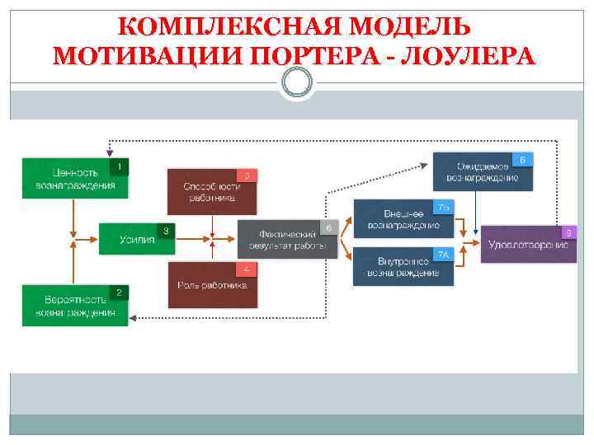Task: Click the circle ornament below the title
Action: pyautogui.click(x=297, y=82)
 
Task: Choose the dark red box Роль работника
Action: pyautogui.click(x=212, y=286)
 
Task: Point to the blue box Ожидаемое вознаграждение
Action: pyautogui.click(x=482, y=171)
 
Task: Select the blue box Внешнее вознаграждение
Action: pyautogui.click(x=403, y=218)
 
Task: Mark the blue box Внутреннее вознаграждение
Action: pyautogui.click(x=403, y=266)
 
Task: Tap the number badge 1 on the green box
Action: pyautogui.click(x=119, y=167)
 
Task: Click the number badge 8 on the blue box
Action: pyautogui.click(x=522, y=159)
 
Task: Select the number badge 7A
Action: pyautogui.click(x=443, y=255)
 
